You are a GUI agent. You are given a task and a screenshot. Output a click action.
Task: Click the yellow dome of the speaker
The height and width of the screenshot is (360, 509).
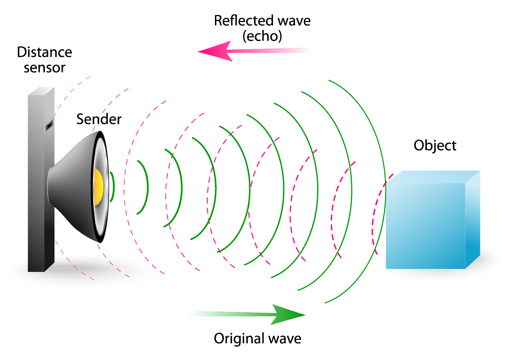point(98,186)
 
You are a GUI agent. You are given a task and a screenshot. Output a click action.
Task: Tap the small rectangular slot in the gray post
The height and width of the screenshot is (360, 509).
point(49,125)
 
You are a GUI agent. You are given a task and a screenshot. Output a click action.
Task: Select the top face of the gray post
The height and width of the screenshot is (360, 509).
point(41,91)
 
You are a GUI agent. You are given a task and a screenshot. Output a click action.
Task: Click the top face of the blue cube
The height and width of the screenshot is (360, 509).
point(432,177)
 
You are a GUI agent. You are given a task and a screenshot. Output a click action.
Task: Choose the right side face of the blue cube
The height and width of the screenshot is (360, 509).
point(473,218)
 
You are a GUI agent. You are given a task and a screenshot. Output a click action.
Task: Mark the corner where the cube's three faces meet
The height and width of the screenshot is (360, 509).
point(465,184)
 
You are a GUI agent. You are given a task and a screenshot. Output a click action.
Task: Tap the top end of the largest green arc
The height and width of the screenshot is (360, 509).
point(330,80)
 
